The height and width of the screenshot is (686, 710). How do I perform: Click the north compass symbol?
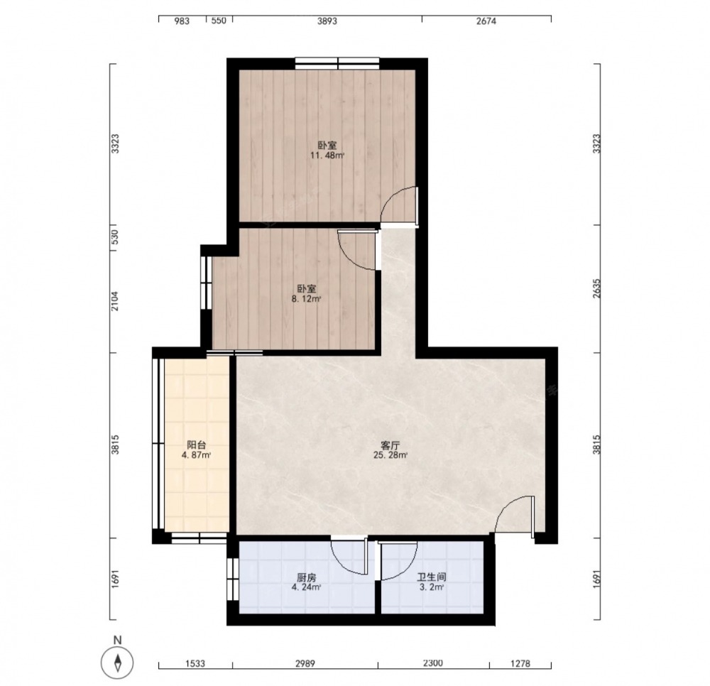coord(118,662)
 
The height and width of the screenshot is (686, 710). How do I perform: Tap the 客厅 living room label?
coord(390,445)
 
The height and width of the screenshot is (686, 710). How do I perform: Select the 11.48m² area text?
coord(327,156)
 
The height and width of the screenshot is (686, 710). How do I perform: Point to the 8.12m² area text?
coord(307,299)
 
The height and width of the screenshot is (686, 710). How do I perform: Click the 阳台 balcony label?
coord(197,445)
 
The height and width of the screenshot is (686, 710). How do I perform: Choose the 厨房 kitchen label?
coord(307,578)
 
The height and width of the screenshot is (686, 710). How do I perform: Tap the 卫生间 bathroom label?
coord(432,577)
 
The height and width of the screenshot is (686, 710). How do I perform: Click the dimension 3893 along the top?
coord(327,21)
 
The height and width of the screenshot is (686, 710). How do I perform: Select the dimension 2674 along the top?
coord(486,21)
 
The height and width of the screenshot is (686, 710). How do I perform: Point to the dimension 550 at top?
coord(219,21)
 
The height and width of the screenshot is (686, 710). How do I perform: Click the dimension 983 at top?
coord(182,21)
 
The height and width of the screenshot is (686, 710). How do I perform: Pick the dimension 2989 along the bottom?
coord(305,663)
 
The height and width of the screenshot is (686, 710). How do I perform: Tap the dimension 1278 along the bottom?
coord(520,663)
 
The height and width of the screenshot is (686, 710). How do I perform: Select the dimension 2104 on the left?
coord(115,300)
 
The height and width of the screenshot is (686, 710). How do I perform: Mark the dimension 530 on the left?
coord(115,236)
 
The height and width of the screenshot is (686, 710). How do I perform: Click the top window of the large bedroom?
coord(337,63)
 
